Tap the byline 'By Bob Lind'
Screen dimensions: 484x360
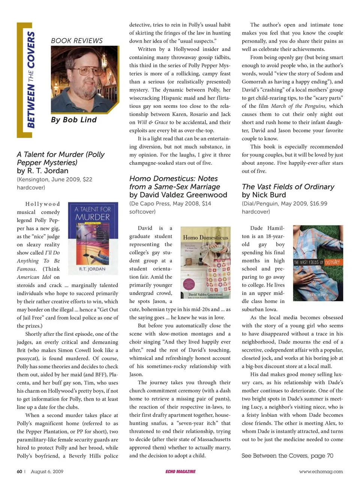pyautogui.click(x=74, y=120)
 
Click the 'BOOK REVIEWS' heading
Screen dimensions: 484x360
pyautogui.click(x=77, y=41)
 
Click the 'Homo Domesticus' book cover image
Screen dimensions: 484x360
pyautogui.click(x=205, y=263)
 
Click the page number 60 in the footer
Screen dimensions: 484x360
pyautogui.click(x=19, y=472)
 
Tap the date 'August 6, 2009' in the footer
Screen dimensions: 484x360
pyautogui.click(x=47, y=472)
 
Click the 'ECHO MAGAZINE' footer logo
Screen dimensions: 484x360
pyautogui.click(x=180, y=472)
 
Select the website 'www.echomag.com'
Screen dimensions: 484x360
pyautogui.click(x=321, y=472)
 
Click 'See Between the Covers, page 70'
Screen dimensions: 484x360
pyautogui.click(x=287, y=455)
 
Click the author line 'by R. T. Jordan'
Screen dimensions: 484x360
pyautogui.click(x=42, y=171)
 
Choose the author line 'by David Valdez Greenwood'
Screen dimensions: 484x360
pyautogui.click(x=178, y=195)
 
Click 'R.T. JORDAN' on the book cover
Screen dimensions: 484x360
pyautogui.click(x=92, y=269)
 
